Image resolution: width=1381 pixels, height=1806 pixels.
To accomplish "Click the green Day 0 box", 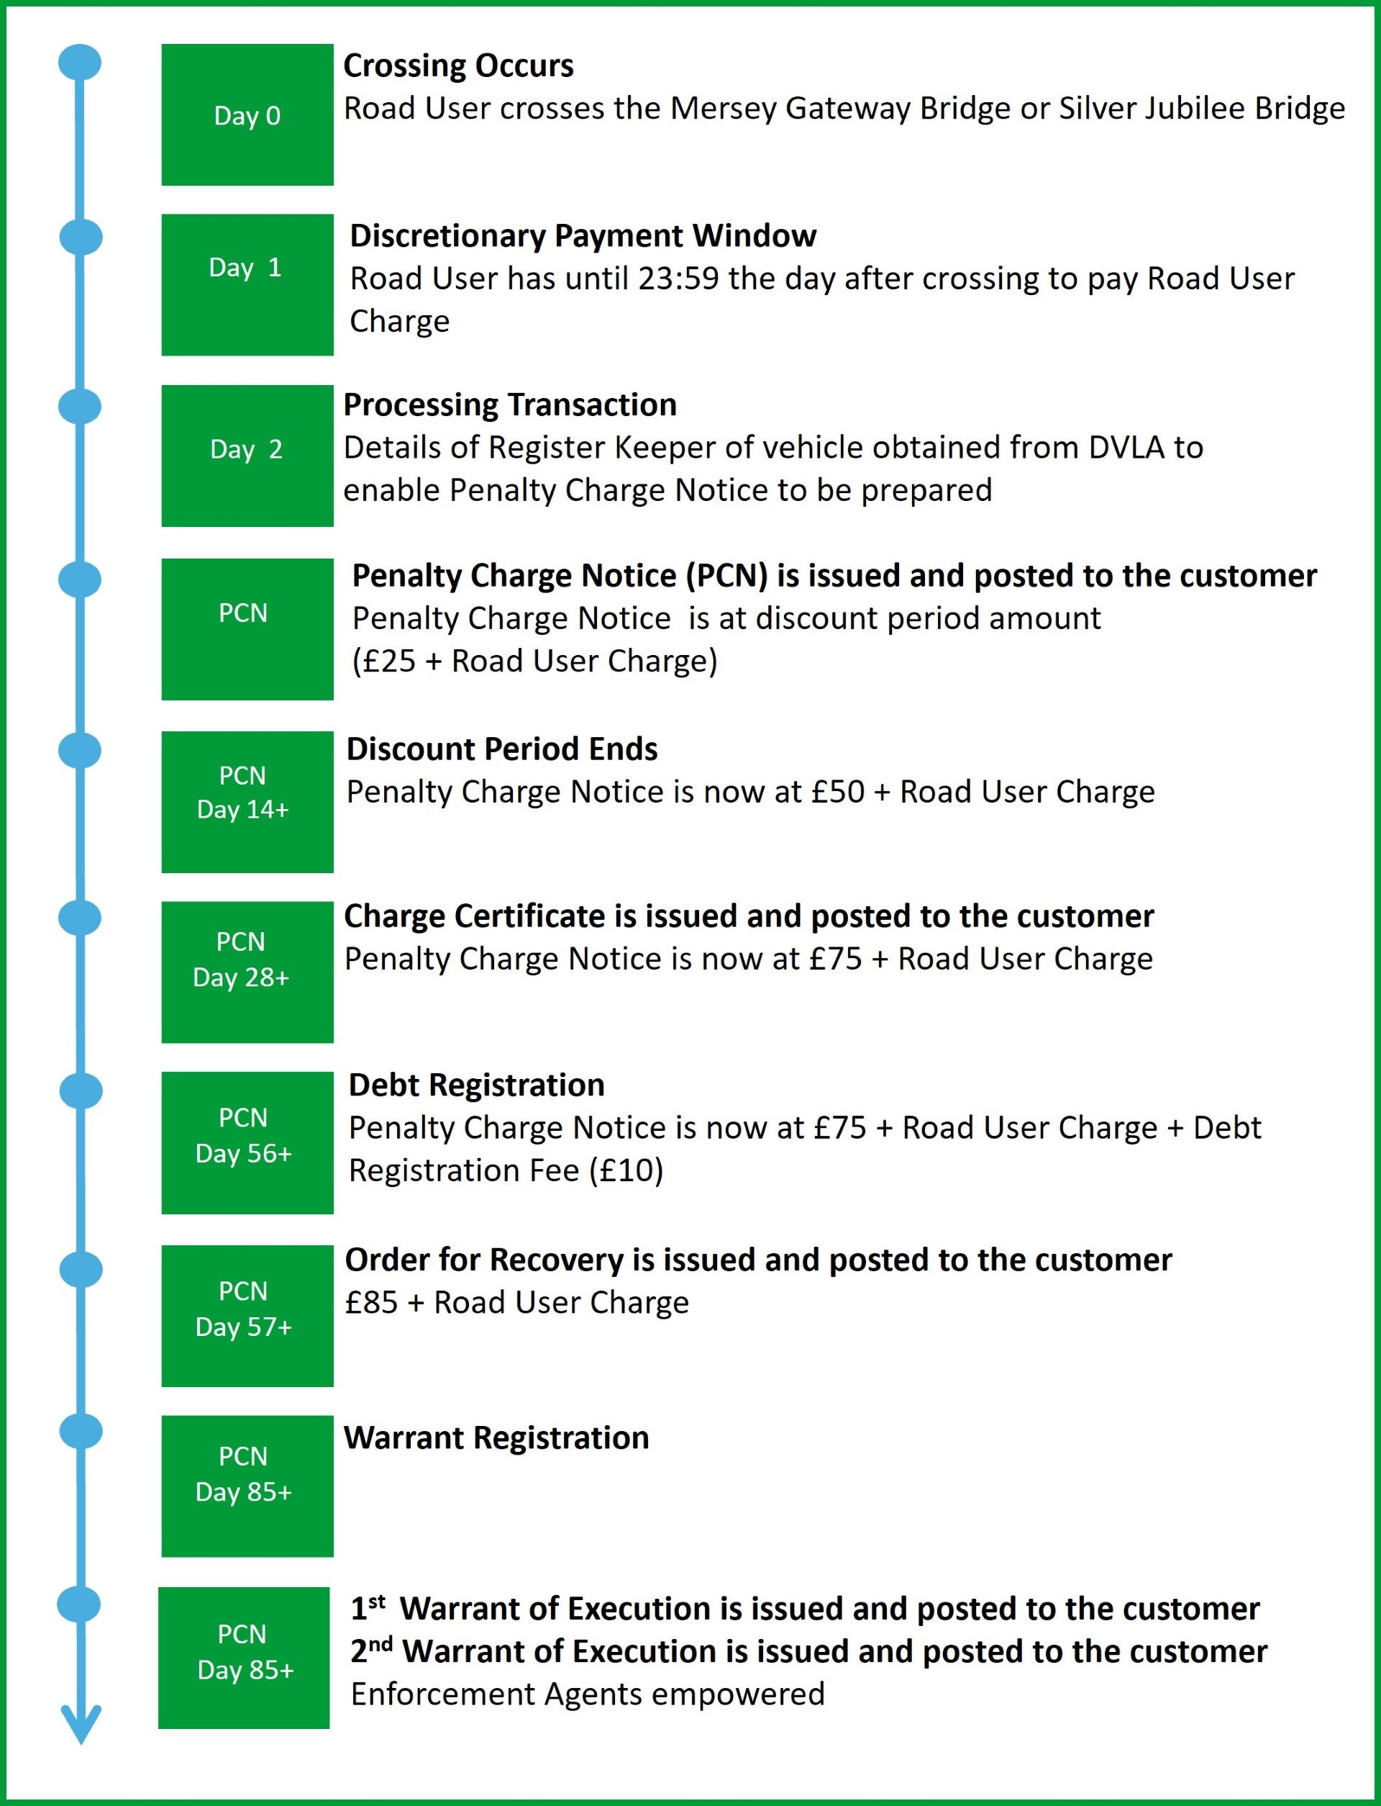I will pyautogui.click(x=247, y=115).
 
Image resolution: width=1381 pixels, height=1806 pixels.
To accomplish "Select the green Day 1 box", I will pyautogui.click(x=247, y=284).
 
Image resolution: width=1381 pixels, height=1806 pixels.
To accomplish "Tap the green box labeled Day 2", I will pyautogui.click(x=247, y=455).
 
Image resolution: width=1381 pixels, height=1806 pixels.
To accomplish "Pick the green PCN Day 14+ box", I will pyautogui.click(x=247, y=801).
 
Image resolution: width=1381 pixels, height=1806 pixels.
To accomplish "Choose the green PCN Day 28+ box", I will pyautogui.click(x=247, y=971).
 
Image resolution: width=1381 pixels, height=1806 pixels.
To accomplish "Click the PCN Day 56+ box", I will pyautogui.click(x=247, y=1142).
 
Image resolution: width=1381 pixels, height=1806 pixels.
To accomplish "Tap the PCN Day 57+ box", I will pyautogui.click(x=247, y=1315).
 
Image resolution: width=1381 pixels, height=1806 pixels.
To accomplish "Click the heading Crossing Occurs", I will pyautogui.click(x=458, y=66).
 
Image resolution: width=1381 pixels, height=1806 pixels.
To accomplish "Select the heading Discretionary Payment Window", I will pyautogui.click(x=583, y=236).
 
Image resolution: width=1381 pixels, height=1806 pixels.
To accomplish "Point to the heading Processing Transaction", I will pyautogui.click(x=510, y=405).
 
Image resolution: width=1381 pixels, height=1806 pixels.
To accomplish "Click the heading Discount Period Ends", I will pyautogui.click(x=501, y=749).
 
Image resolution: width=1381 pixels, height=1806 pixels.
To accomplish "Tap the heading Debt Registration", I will pyautogui.click(x=476, y=1085).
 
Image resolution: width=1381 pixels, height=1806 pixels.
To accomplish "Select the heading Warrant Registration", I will pyautogui.click(x=496, y=1437).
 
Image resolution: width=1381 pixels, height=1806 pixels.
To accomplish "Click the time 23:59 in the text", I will pyautogui.click(x=678, y=279).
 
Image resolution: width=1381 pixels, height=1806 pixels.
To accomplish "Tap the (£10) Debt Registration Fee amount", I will pyautogui.click(x=626, y=1170).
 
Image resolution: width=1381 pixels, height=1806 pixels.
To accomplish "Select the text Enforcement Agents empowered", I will pyautogui.click(x=587, y=1694).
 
